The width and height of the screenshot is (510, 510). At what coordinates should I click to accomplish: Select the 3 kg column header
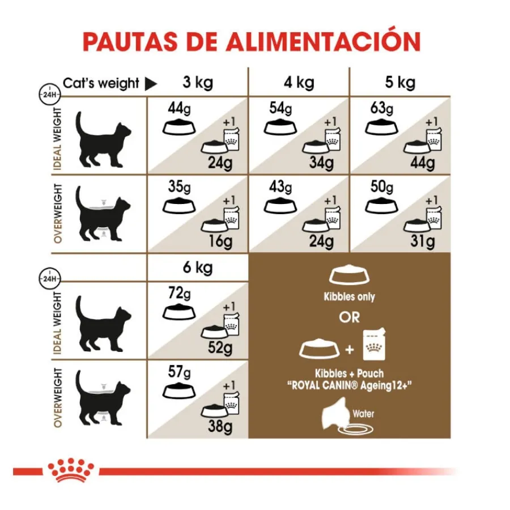(198, 83)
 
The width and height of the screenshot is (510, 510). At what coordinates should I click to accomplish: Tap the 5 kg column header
(400, 83)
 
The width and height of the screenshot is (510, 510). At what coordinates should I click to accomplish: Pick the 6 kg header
(198, 267)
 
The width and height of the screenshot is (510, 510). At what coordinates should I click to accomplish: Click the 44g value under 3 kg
(179, 109)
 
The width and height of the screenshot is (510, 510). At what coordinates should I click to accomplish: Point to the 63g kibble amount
(382, 109)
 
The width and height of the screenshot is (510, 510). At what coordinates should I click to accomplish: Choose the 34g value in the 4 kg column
(321, 163)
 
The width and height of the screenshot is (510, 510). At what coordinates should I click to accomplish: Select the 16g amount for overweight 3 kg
(220, 241)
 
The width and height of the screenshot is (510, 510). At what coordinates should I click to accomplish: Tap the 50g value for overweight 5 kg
(382, 187)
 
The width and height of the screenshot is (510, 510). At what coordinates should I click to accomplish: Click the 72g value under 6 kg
(180, 294)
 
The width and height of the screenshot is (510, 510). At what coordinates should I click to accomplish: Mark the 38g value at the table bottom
(220, 426)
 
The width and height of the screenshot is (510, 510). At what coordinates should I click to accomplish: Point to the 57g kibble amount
(180, 372)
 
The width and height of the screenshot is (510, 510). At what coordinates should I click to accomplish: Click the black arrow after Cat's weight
(151, 84)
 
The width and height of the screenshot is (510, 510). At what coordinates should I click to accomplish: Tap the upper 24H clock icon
(50, 95)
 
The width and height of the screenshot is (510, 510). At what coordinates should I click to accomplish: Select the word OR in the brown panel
(349, 317)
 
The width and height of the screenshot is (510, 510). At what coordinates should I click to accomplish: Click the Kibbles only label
(349, 296)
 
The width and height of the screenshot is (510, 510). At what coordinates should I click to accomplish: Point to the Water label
(363, 414)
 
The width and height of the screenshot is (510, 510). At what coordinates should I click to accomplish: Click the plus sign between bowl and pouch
(350, 350)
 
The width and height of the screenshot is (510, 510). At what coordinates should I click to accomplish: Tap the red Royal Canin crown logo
(71, 470)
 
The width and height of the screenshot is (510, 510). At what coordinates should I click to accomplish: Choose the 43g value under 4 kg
(280, 187)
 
